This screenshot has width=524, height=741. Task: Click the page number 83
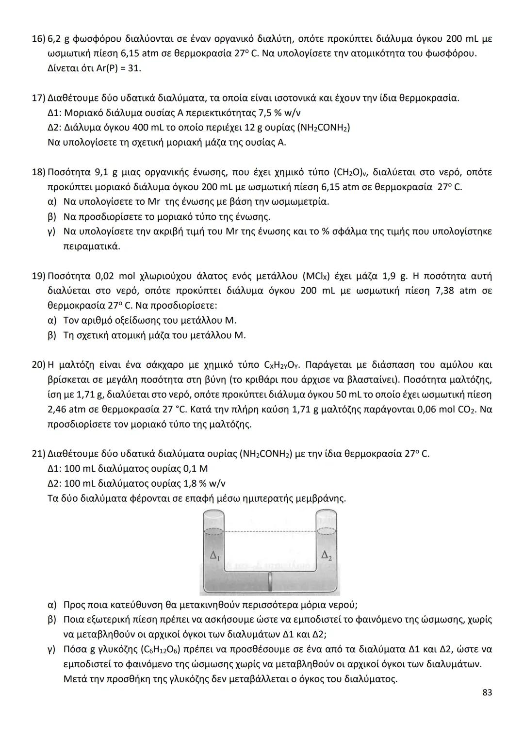(x=487, y=692)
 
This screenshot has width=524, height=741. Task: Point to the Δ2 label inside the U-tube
(x=327, y=555)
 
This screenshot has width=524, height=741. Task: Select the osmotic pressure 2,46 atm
(x=70, y=409)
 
